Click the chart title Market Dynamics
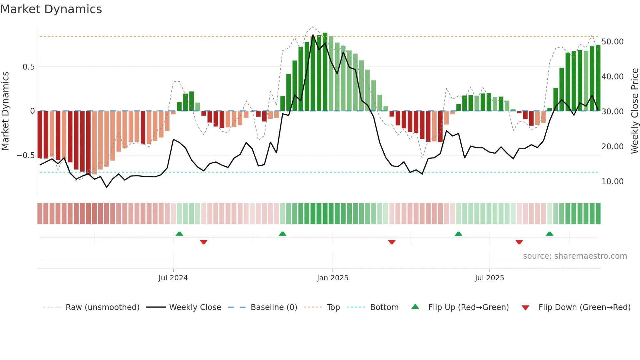(x=51, y=9)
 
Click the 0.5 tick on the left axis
(x=28, y=67)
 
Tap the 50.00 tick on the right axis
(x=612, y=42)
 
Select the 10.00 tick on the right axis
(x=612, y=182)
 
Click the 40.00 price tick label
(x=612, y=77)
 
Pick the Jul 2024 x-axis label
(x=173, y=278)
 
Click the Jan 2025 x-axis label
(x=332, y=278)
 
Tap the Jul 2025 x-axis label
(x=489, y=278)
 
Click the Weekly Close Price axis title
(x=634, y=111)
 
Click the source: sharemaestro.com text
(x=575, y=256)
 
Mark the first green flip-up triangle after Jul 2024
(x=179, y=234)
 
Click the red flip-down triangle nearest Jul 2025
(x=519, y=242)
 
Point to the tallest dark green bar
(x=325, y=72)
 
